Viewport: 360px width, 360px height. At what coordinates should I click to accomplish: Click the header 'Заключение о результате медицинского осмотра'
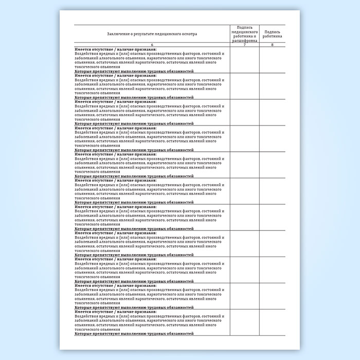coord(152,34)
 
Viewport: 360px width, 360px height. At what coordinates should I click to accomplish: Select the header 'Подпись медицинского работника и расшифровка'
coord(244,34)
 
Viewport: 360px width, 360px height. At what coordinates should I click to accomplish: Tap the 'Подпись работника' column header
coord(272,34)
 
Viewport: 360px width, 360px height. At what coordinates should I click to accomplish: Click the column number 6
coord(152,45)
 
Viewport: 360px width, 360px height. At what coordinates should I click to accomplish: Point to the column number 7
coord(244,45)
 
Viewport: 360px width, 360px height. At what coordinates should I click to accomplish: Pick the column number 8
coord(272,45)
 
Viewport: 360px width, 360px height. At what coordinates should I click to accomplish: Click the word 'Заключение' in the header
coord(118,34)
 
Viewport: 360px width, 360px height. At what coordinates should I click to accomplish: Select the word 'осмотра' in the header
coord(188,34)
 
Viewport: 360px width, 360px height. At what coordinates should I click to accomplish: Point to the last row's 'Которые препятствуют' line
coord(134,333)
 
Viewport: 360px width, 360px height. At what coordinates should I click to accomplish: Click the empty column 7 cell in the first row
coord(244,60)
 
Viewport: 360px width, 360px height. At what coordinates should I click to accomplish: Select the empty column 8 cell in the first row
coord(272,60)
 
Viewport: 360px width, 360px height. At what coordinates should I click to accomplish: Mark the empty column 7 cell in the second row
coord(244,86)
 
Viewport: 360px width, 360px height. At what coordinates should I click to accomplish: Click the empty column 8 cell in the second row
coord(272,86)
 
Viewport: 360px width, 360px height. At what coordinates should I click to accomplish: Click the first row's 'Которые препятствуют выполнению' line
coord(134,71)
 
